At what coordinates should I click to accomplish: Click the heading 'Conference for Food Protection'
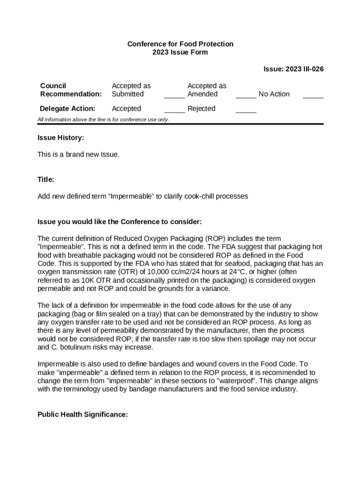click(x=180, y=44)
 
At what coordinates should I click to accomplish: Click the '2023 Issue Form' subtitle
click(x=180, y=52)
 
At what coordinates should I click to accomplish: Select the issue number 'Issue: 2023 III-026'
click(x=293, y=69)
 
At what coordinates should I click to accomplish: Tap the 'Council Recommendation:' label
click(x=71, y=90)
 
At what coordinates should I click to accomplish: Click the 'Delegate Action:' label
click(x=68, y=109)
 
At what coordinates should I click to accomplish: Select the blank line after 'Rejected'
click(x=246, y=111)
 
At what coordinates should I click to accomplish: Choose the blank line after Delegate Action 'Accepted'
click(x=174, y=111)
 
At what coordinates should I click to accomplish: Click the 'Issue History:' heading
click(x=61, y=138)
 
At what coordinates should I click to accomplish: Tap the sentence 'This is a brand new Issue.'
click(x=78, y=154)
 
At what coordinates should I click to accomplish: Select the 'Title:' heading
click(x=46, y=180)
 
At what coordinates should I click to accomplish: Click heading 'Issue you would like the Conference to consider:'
click(x=120, y=221)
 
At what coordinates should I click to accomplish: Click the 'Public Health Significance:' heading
click(x=83, y=414)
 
